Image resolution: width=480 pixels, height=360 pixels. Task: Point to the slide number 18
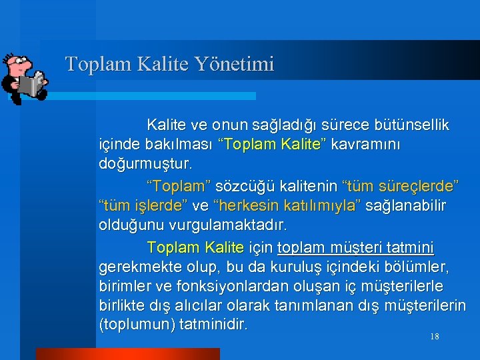pyautogui.click(x=434, y=337)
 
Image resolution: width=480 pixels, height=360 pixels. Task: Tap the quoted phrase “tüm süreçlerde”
pyautogui.click(x=400, y=185)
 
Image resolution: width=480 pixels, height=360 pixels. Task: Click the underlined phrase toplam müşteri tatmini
pyautogui.click(x=355, y=247)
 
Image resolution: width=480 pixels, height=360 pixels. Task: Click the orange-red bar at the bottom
pyautogui.click(x=127, y=353)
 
